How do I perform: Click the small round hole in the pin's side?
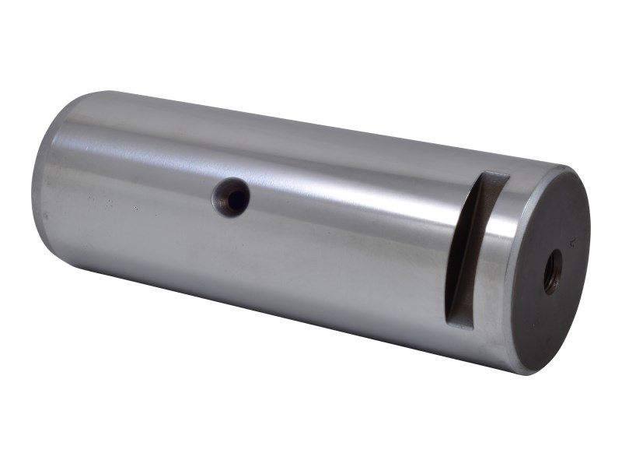pyautogui.click(x=232, y=197)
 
